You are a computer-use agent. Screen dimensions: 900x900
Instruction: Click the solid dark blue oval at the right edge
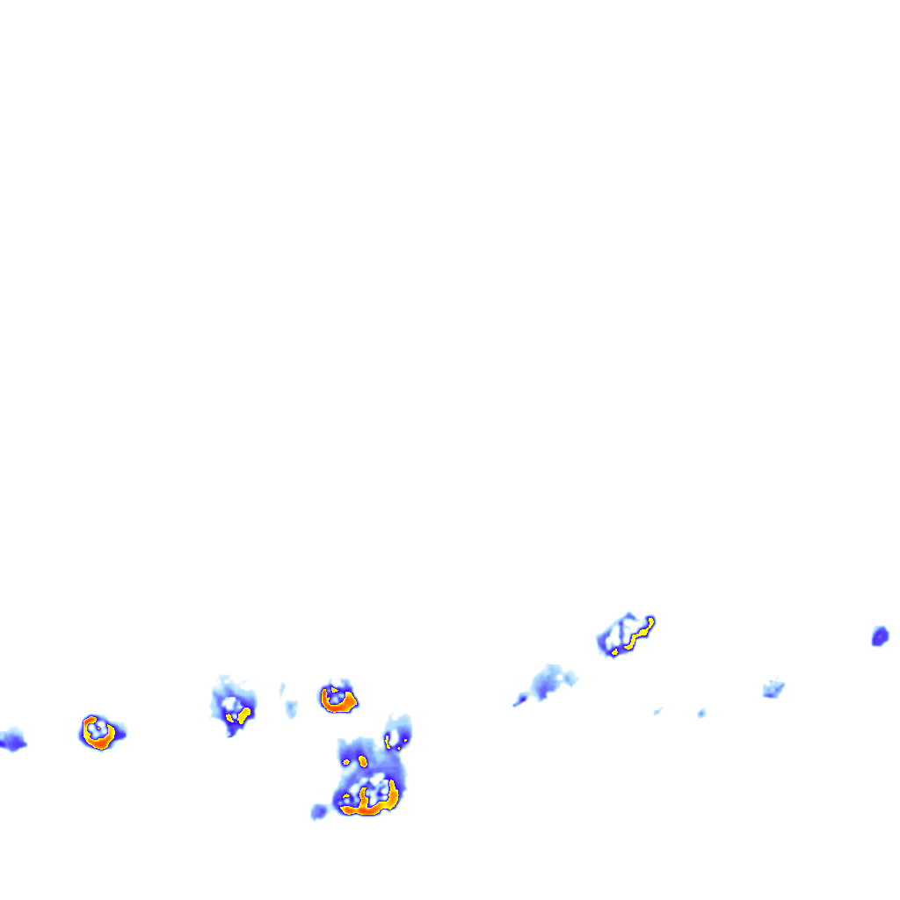(x=879, y=635)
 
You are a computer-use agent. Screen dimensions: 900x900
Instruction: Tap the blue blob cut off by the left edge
(x=11, y=741)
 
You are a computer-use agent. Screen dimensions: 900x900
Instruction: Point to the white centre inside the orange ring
(x=98, y=729)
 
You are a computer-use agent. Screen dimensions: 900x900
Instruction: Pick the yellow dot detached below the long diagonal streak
(x=613, y=651)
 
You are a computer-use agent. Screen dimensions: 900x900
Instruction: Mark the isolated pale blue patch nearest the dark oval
(x=773, y=688)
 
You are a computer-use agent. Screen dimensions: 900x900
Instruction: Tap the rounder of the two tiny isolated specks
(x=701, y=713)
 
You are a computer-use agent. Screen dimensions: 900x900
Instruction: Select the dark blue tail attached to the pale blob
(x=520, y=700)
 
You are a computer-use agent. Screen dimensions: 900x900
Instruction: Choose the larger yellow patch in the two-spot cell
(x=245, y=713)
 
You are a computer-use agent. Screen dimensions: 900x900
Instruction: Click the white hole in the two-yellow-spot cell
(x=231, y=703)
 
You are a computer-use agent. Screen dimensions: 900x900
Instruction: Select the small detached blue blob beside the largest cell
(x=318, y=811)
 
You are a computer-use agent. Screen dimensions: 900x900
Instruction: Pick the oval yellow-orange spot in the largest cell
(x=362, y=760)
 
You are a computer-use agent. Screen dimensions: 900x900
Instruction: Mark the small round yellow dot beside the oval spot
(x=348, y=762)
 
